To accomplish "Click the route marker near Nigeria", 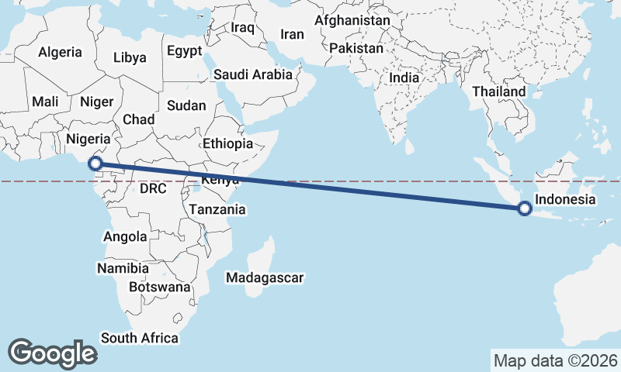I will (x=95, y=164).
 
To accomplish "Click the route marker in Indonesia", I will (x=525, y=208).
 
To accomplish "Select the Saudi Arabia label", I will (x=253, y=75).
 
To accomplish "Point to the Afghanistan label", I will (x=352, y=21).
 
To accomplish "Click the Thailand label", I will (x=499, y=91).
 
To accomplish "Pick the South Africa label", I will (x=140, y=338).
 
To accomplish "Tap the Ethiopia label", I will (x=227, y=143).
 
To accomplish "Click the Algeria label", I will (x=60, y=53).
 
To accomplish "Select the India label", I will (x=404, y=77).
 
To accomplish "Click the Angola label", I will (x=124, y=237).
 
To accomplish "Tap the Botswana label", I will (x=159, y=287).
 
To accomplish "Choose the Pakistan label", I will (x=356, y=48).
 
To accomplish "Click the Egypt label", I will (x=184, y=51).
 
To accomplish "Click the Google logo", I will (x=52, y=353).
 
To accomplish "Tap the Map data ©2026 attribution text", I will (x=556, y=360).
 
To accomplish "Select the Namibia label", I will (x=123, y=268).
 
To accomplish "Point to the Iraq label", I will (x=243, y=27).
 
